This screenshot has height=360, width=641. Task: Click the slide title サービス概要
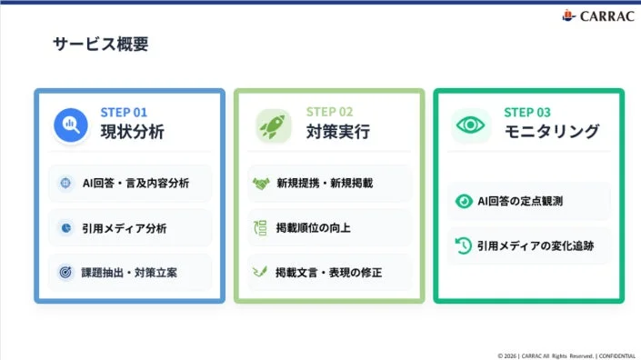click(x=100, y=45)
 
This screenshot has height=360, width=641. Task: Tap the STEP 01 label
click(x=124, y=112)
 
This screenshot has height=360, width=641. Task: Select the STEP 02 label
click(x=329, y=112)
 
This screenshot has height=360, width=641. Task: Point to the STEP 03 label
click(x=527, y=112)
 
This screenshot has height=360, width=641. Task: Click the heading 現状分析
click(x=133, y=132)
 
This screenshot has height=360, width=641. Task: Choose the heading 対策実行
click(x=338, y=132)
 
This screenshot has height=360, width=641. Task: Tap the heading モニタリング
click(x=552, y=132)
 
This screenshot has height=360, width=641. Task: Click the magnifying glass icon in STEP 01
click(x=70, y=124)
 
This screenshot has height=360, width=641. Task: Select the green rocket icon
click(x=271, y=124)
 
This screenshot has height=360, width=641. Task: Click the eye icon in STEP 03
click(x=470, y=124)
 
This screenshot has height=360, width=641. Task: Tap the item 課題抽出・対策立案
click(x=129, y=272)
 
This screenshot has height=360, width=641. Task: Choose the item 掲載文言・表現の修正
click(x=329, y=272)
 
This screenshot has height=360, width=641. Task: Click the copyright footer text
click(x=566, y=355)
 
